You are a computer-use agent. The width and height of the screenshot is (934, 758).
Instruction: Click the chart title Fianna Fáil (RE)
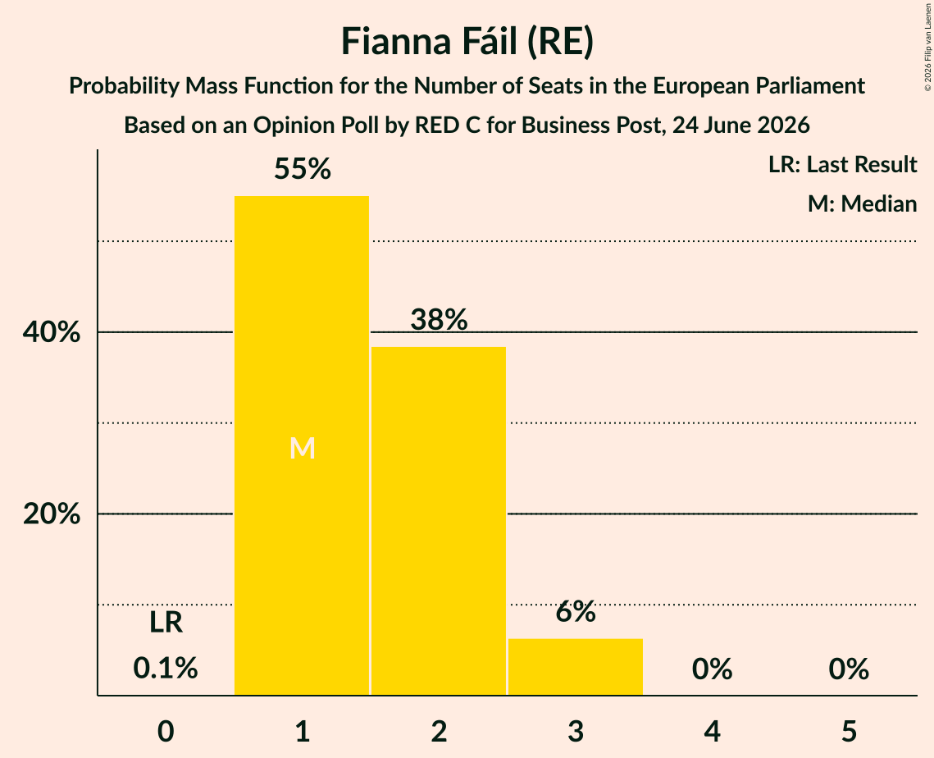pyautogui.click(x=467, y=43)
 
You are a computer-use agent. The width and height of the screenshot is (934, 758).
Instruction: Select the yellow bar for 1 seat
pyautogui.click(x=302, y=445)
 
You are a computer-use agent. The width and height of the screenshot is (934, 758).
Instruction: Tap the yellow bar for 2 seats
pyautogui.click(x=439, y=521)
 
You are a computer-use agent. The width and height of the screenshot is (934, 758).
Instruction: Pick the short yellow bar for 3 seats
pyautogui.click(x=576, y=667)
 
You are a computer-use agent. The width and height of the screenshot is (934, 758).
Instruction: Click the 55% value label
pyautogui.click(x=302, y=169)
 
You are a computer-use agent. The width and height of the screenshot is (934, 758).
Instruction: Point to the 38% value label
pyautogui.click(x=439, y=319)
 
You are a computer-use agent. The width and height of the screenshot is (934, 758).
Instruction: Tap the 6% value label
pyautogui.click(x=576, y=611)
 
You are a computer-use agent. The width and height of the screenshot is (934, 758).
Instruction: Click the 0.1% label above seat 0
pyautogui.click(x=166, y=668)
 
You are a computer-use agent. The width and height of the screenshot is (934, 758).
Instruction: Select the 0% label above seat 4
pyautogui.click(x=713, y=669)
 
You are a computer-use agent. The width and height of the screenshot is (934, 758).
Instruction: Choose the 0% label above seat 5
pyautogui.click(x=849, y=669)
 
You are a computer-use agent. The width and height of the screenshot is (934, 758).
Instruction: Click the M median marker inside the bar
pyautogui.click(x=302, y=448)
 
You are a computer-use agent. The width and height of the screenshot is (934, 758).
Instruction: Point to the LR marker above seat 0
pyautogui.click(x=166, y=623)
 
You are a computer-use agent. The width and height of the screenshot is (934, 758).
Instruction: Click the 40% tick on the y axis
pyautogui.click(x=51, y=332)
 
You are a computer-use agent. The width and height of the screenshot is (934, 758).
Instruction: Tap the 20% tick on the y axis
pyautogui.click(x=51, y=514)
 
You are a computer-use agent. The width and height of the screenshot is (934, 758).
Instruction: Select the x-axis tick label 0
pyautogui.click(x=166, y=732)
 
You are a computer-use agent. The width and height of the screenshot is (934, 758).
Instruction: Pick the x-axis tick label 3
pyautogui.click(x=576, y=732)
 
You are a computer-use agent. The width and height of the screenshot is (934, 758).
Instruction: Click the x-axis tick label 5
pyautogui.click(x=849, y=732)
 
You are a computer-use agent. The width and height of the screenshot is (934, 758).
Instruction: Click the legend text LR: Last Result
pyautogui.click(x=842, y=164)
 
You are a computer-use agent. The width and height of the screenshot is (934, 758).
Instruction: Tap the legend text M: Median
pyautogui.click(x=862, y=203)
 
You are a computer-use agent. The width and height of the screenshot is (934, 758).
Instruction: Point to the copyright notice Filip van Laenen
pyautogui.click(x=927, y=47)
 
